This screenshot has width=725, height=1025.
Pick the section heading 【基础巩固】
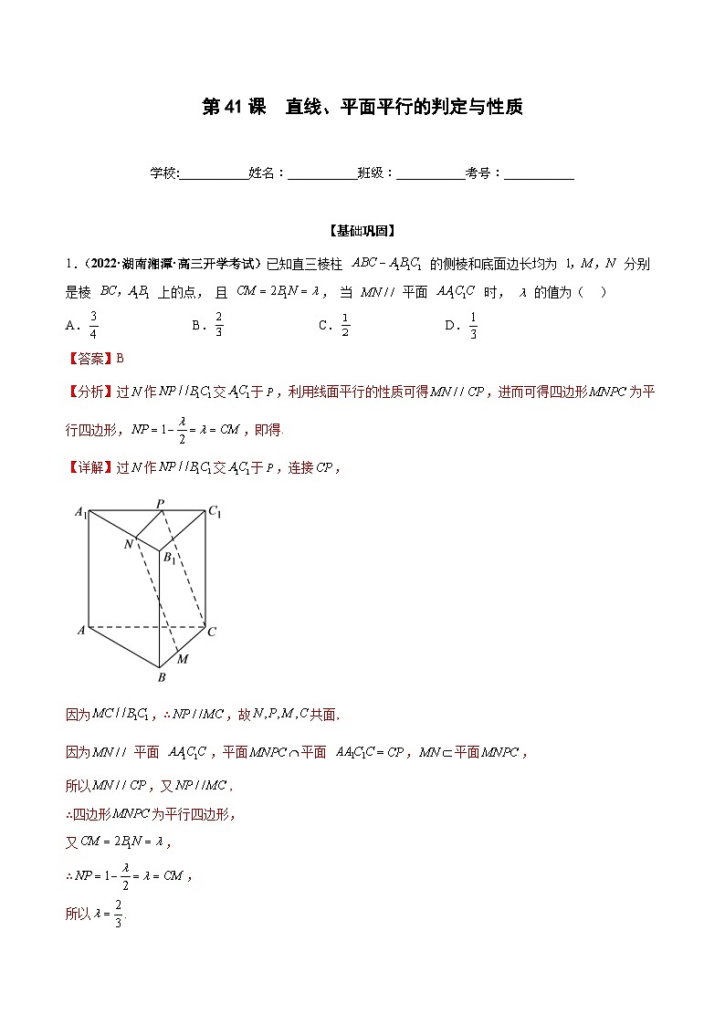[x=362, y=231]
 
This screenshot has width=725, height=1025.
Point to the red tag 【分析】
[x=90, y=392]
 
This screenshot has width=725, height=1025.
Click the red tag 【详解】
[x=90, y=467]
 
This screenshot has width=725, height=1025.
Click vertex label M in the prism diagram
[x=184, y=659]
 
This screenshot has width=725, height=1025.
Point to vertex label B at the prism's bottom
[x=162, y=678]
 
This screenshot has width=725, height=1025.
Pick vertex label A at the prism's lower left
[x=80, y=631]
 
